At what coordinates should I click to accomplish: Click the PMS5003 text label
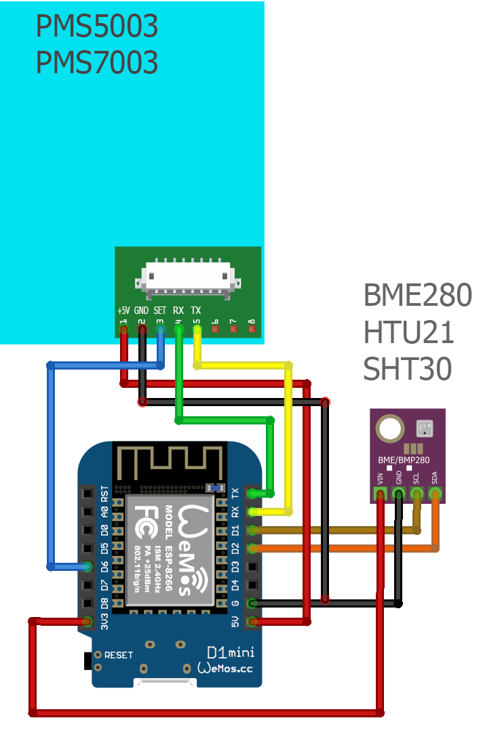(x=96, y=27)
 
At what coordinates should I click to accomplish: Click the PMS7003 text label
(x=96, y=62)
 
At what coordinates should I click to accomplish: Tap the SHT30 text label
(x=407, y=369)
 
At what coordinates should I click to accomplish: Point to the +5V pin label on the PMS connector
(x=123, y=310)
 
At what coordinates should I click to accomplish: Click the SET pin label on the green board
(x=160, y=310)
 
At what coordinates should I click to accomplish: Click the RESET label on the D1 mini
(x=119, y=655)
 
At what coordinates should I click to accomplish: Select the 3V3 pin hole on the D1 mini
(x=88, y=620)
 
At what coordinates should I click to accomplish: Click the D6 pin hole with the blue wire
(x=88, y=565)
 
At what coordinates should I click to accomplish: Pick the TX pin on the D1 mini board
(x=252, y=493)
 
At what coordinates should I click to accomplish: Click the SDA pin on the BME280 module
(x=435, y=494)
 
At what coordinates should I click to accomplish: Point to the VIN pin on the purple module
(x=381, y=494)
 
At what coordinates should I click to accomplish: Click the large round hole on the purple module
(x=389, y=428)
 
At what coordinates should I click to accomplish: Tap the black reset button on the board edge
(x=88, y=659)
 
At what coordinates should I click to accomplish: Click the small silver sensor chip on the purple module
(x=424, y=427)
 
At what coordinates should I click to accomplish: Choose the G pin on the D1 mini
(x=252, y=603)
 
